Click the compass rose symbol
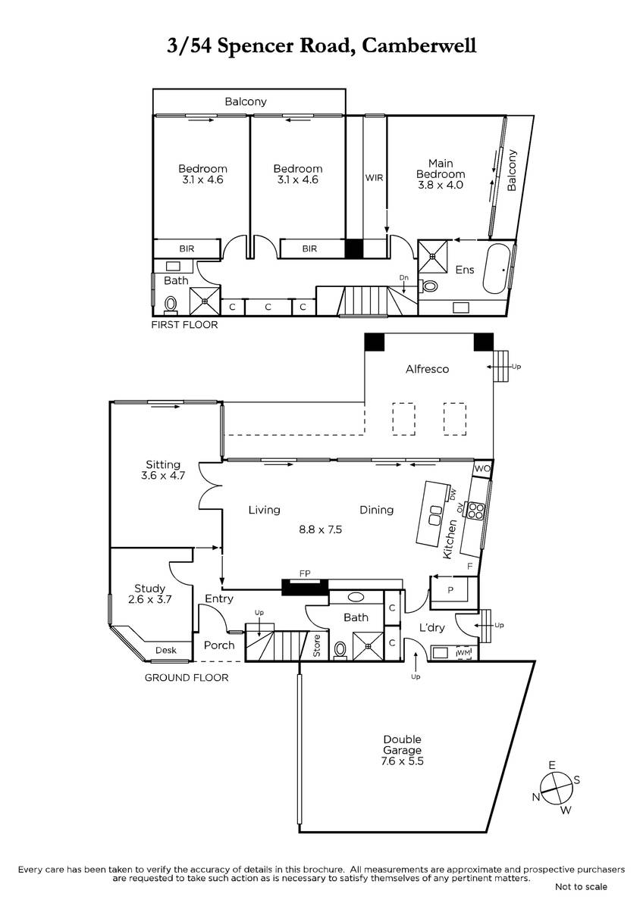pyautogui.click(x=557, y=786)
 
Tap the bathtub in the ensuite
pyautogui.click(x=496, y=269)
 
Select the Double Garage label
pyautogui.click(x=402, y=745)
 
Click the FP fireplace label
pyautogui.click(x=305, y=573)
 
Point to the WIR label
pyautogui.click(x=374, y=178)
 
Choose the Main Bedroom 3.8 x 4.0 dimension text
pyautogui.click(x=441, y=185)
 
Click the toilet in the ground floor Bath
pyautogui.click(x=340, y=650)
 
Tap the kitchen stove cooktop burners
pyautogui.click(x=476, y=511)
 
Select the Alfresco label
pyautogui.click(x=428, y=369)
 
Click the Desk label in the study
pyautogui.click(x=166, y=650)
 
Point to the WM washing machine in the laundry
pyautogui.click(x=463, y=652)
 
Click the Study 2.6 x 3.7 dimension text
pyautogui.click(x=150, y=599)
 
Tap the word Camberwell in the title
pyautogui.click(x=419, y=46)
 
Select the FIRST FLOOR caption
pyautogui.click(x=184, y=325)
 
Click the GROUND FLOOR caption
pyautogui.click(x=187, y=677)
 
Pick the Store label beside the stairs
pyautogui.click(x=317, y=645)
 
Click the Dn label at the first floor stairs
pyautogui.click(x=403, y=277)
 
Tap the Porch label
pyautogui.click(x=219, y=645)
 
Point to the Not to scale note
pyautogui.click(x=582, y=887)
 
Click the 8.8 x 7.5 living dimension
pyautogui.click(x=321, y=529)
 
